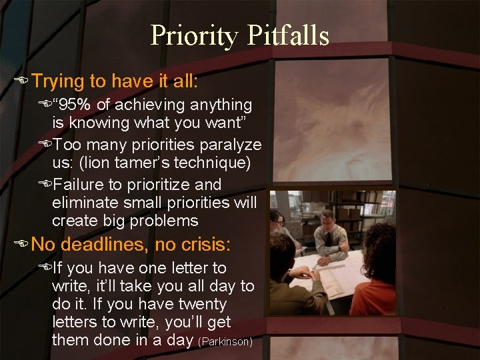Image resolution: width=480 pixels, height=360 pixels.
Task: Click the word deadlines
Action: point(105,245)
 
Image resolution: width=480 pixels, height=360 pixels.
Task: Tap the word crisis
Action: point(203,245)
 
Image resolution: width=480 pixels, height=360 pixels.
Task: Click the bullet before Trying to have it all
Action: point(24,82)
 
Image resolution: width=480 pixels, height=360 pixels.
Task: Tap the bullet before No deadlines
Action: point(24,245)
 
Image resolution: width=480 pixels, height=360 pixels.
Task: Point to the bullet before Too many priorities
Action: point(45,145)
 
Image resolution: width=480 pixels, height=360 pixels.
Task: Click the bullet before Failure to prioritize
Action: point(45,184)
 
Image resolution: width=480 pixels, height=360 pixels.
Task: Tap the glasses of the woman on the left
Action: point(280,222)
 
